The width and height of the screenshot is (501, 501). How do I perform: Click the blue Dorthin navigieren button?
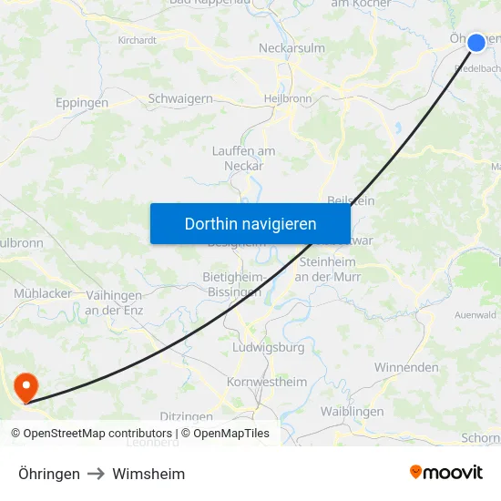coord(250,223)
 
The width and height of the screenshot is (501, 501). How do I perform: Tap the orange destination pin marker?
coord(26,388)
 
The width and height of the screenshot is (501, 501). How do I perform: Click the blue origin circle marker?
coord(475,42)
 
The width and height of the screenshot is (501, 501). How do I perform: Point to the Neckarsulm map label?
coord(266,47)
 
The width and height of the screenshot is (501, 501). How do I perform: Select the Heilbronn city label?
coord(287,98)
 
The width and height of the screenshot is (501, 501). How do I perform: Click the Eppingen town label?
coord(82,103)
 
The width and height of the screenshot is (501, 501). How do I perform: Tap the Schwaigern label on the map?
coord(180,98)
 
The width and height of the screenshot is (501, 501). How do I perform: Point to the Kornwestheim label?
coord(267,382)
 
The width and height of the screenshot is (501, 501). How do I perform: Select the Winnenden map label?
coord(406,367)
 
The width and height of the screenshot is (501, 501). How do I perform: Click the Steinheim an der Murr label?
coord(330,269)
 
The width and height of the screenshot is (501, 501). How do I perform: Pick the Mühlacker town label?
coord(43,293)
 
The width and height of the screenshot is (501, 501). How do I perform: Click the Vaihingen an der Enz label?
coord(114,302)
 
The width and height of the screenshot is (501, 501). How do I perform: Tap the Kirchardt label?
coord(137,40)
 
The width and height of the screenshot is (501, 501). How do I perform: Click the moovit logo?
coord(446,473)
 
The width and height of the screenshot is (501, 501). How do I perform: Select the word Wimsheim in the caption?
coord(148,474)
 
